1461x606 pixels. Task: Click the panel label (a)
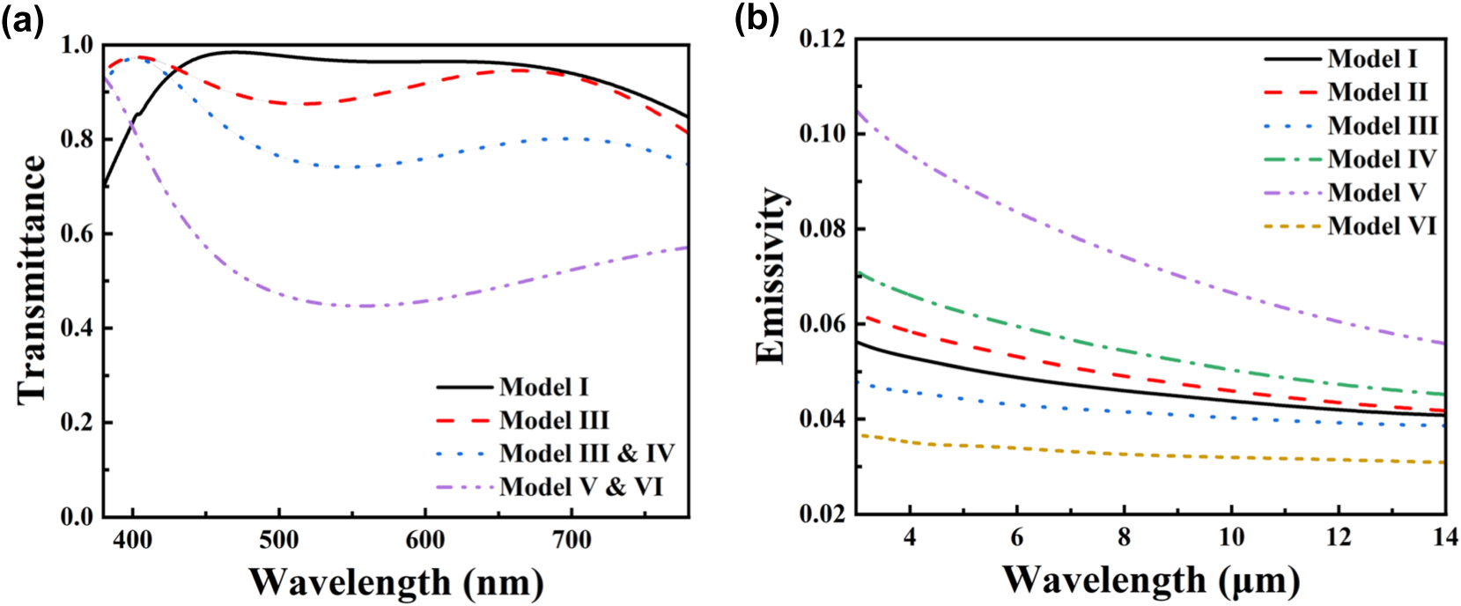coord(22,20)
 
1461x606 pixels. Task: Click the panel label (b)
coord(756,20)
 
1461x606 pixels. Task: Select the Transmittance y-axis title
coord(32,280)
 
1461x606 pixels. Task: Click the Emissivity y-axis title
coord(771,276)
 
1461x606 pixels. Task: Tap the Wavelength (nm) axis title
coord(395,582)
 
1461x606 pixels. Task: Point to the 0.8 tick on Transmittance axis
coord(77,139)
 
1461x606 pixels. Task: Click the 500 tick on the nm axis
coord(278,540)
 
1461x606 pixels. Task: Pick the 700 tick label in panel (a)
coord(571,540)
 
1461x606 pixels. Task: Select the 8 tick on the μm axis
coord(1124,536)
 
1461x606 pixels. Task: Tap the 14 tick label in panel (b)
coord(1444,536)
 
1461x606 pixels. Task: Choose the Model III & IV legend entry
coord(586,454)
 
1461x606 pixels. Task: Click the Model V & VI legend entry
coord(580,487)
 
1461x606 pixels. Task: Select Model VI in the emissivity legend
coord(1382,226)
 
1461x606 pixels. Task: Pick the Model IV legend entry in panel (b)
coord(1382,159)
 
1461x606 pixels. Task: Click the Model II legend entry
coord(1377,92)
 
